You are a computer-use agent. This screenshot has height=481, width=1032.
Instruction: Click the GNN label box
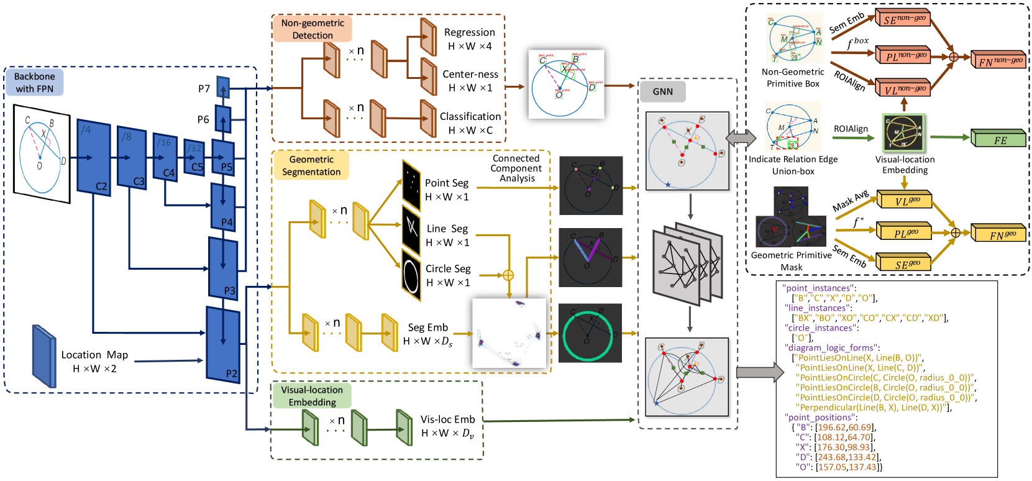(662, 91)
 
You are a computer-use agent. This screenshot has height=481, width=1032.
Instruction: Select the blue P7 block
(223, 87)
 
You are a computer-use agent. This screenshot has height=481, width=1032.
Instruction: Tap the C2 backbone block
(94, 158)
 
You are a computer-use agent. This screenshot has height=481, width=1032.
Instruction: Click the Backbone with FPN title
(35, 83)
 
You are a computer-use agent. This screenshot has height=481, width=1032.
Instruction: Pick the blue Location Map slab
(44, 356)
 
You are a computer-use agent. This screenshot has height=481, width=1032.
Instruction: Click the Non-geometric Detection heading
(313, 29)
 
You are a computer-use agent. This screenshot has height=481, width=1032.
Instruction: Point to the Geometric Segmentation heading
(311, 166)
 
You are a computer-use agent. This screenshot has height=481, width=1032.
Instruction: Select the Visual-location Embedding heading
(312, 396)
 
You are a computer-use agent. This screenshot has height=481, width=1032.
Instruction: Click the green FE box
(998, 139)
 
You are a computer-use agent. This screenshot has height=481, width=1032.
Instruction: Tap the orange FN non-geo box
(998, 60)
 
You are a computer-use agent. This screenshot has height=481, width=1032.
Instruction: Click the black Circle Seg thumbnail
(411, 275)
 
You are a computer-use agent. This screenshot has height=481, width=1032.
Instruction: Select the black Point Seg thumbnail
(411, 185)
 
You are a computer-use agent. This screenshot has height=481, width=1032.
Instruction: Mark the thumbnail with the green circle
(590, 333)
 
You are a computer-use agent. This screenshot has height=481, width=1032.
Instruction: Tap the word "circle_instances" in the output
(818, 328)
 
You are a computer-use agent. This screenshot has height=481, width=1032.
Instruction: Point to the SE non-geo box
(902, 19)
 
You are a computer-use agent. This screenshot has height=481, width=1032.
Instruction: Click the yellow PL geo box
(903, 232)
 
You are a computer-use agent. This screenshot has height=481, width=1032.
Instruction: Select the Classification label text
(470, 116)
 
